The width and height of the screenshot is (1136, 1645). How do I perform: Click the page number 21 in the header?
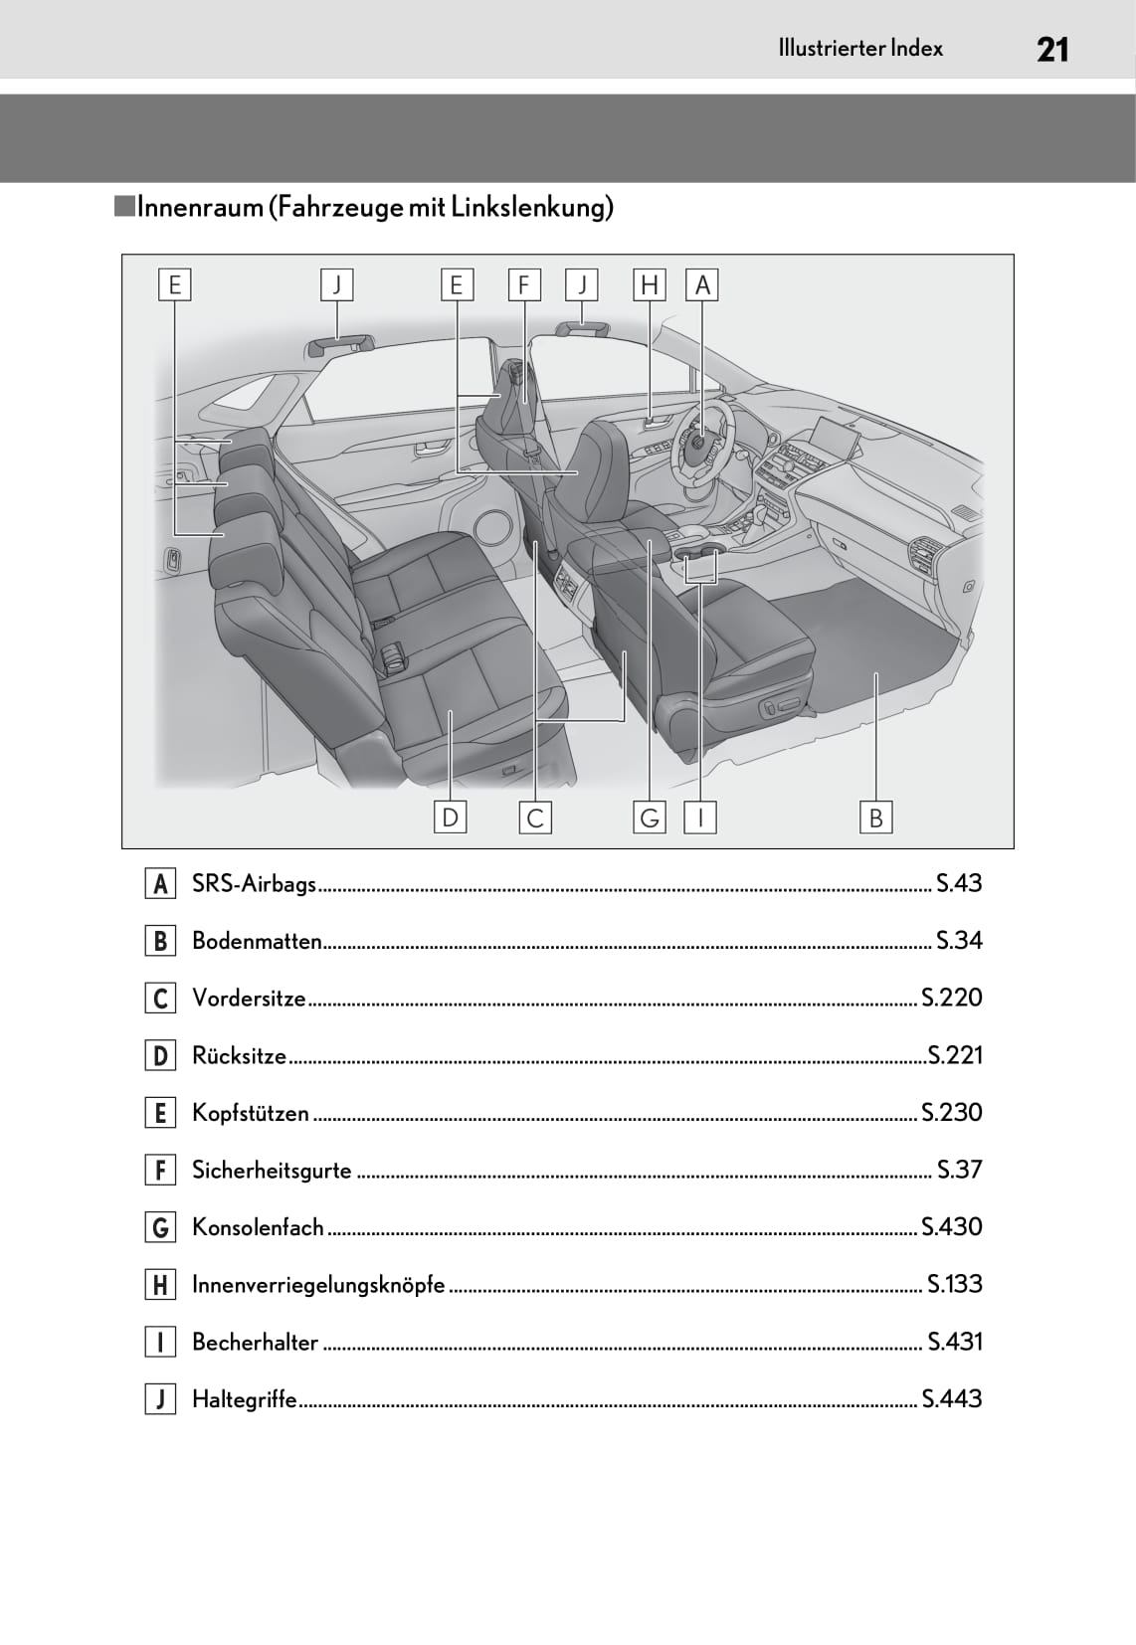[1051, 49]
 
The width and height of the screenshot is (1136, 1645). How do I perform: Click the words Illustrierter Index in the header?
[860, 48]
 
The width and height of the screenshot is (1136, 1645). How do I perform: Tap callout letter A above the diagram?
[702, 285]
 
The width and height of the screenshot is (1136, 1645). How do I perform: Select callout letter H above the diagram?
[650, 285]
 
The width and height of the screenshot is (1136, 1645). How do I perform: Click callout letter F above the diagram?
[523, 285]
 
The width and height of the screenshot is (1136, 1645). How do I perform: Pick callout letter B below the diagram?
[875, 818]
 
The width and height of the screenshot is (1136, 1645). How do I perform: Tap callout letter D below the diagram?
[451, 818]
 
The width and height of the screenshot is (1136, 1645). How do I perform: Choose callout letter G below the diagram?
[650, 818]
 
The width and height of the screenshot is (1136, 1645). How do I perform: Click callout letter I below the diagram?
[700, 818]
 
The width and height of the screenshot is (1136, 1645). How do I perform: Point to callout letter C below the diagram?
[535, 818]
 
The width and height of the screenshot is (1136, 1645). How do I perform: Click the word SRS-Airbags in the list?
[254, 883]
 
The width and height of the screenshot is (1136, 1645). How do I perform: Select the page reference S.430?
[952, 1226]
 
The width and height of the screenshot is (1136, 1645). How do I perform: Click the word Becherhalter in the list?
[255, 1342]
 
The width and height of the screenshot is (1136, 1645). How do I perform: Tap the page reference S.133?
[955, 1284]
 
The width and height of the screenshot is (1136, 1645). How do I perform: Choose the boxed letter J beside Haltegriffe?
[160, 1399]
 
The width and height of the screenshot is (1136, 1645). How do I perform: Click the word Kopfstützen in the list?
[251, 1112]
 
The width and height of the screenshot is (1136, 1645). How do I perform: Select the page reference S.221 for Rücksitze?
[955, 1054]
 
